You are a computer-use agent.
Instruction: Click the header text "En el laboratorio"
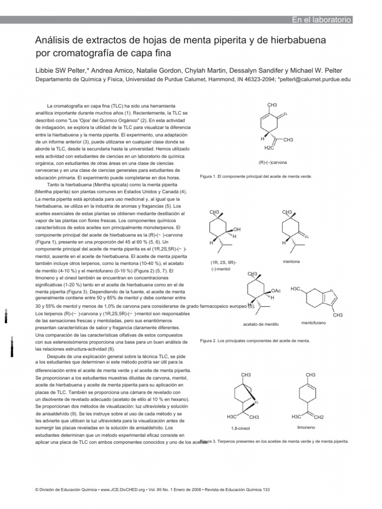tap(321, 20)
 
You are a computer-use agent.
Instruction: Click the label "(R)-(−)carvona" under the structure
tap(273, 163)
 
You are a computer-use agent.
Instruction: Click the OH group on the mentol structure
tap(237, 229)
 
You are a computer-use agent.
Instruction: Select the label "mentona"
tap(291, 261)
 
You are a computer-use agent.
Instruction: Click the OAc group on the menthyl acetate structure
tap(276, 290)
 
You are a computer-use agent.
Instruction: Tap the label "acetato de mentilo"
tap(261, 324)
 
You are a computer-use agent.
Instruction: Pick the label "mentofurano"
tap(313, 323)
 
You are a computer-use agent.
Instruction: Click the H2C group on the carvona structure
tap(269, 148)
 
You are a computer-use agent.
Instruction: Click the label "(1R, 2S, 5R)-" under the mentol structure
tap(223, 262)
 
